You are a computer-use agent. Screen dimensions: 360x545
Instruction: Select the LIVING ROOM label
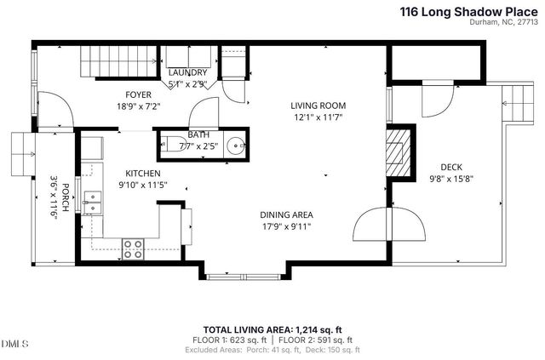pyautogui.click(x=320, y=106)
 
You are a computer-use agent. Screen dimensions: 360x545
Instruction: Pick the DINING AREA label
pyautogui.click(x=286, y=214)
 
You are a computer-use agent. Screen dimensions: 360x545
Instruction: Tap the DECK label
pyautogui.click(x=451, y=167)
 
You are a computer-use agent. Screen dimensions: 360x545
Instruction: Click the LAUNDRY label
pyautogui.click(x=187, y=73)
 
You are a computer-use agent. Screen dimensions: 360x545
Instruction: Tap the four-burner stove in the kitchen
pyautogui.click(x=134, y=248)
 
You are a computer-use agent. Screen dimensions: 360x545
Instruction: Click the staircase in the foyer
pyautogui.click(x=118, y=62)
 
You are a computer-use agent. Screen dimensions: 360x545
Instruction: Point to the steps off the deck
pyautogui.click(x=515, y=103)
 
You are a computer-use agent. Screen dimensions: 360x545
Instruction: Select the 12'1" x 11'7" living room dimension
pyautogui.click(x=320, y=117)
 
